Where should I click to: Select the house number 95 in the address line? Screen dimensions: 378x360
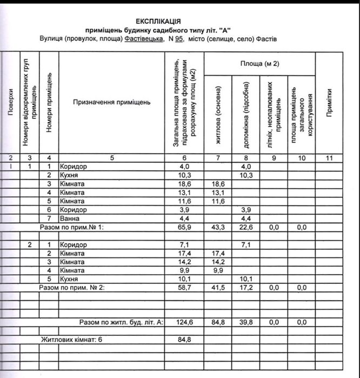(x=179, y=39)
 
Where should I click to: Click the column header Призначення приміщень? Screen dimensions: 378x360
(x=112, y=102)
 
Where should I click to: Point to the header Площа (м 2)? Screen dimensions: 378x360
(x=259, y=64)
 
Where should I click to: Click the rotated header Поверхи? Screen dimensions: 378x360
(x=11, y=103)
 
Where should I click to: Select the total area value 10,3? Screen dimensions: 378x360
(x=184, y=175)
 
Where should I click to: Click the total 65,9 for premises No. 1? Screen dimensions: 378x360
(x=184, y=228)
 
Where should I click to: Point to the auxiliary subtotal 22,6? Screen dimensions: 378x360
(x=245, y=228)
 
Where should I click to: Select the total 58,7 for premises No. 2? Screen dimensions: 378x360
(x=184, y=288)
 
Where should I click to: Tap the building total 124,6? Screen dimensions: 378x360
(x=184, y=322)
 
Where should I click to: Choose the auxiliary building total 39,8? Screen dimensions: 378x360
(x=245, y=322)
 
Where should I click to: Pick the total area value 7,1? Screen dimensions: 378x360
(x=184, y=245)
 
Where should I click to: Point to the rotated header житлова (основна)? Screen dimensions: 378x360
(x=219, y=114)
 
